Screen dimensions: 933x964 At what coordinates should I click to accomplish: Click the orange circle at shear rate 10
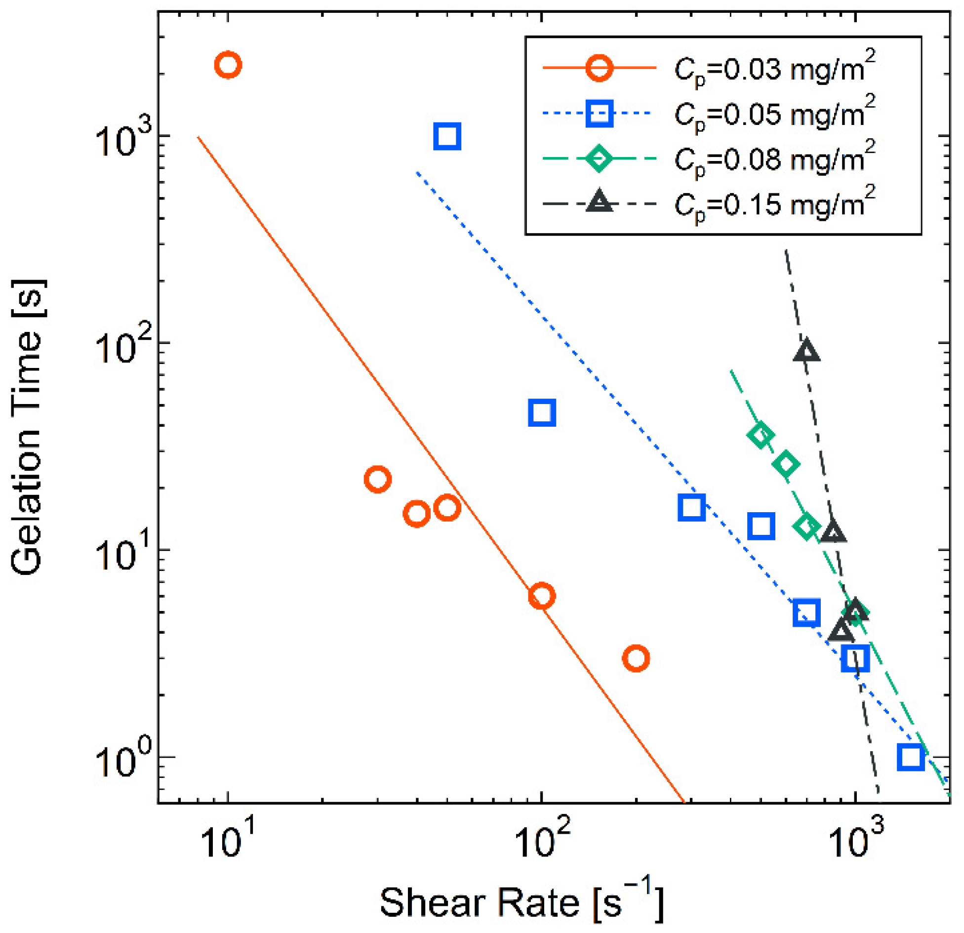pos(228,65)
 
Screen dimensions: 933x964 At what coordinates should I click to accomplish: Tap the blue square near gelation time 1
pos(910,757)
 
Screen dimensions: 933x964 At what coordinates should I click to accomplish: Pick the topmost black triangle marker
pos(806,351)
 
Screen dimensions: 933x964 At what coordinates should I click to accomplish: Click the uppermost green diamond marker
pos(761,436)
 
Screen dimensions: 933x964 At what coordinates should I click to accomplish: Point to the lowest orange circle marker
pos(636,658)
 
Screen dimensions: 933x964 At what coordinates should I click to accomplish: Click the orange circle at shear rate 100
pos(542,596)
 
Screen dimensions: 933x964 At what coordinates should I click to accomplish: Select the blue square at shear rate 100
pos(542,412)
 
